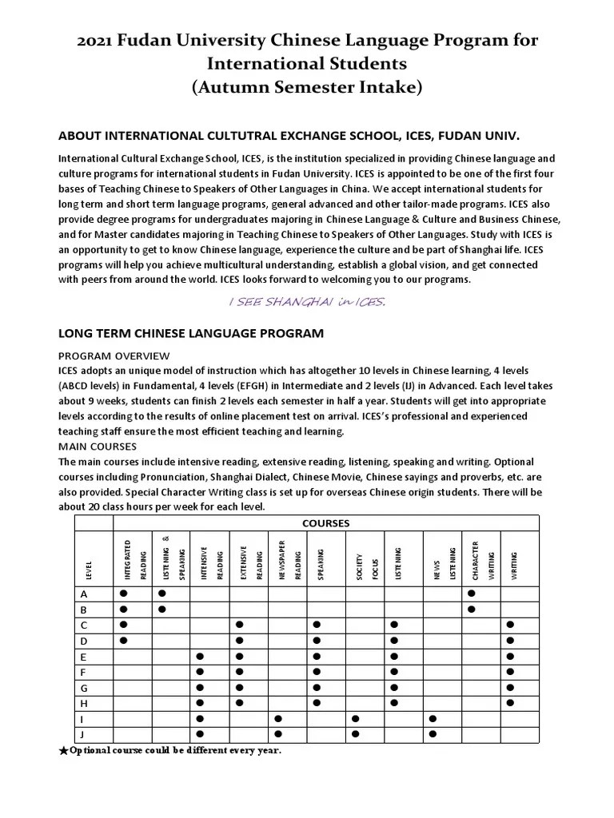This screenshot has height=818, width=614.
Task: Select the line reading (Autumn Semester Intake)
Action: pos(307,87)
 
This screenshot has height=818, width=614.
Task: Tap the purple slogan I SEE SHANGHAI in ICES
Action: pos(307,301)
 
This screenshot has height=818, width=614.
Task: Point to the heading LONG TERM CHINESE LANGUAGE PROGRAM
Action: pos(191,333)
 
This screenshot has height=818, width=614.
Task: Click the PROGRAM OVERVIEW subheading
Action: pos(113,355)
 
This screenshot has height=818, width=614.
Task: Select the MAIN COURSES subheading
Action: pos(98,446)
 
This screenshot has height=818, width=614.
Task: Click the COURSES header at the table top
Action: pos(326,523)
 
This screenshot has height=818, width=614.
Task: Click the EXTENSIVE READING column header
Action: pos(249,563)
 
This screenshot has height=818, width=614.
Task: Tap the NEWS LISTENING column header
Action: pos(442,563)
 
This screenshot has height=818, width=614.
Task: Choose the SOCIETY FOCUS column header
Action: pos(365,563)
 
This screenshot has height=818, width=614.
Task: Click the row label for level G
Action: pos(84,687)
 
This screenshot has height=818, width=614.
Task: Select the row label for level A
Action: pos(84,594)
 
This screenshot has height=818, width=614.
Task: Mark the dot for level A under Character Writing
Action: pos(472,594)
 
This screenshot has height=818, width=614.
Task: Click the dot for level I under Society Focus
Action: pos(356,718)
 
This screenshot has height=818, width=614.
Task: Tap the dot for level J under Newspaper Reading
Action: pos(278,733)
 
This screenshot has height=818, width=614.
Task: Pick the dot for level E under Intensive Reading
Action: pos(200,656)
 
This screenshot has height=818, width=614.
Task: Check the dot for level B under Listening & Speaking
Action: pos(161,610)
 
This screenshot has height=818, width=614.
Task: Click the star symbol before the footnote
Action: pos(64,751)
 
